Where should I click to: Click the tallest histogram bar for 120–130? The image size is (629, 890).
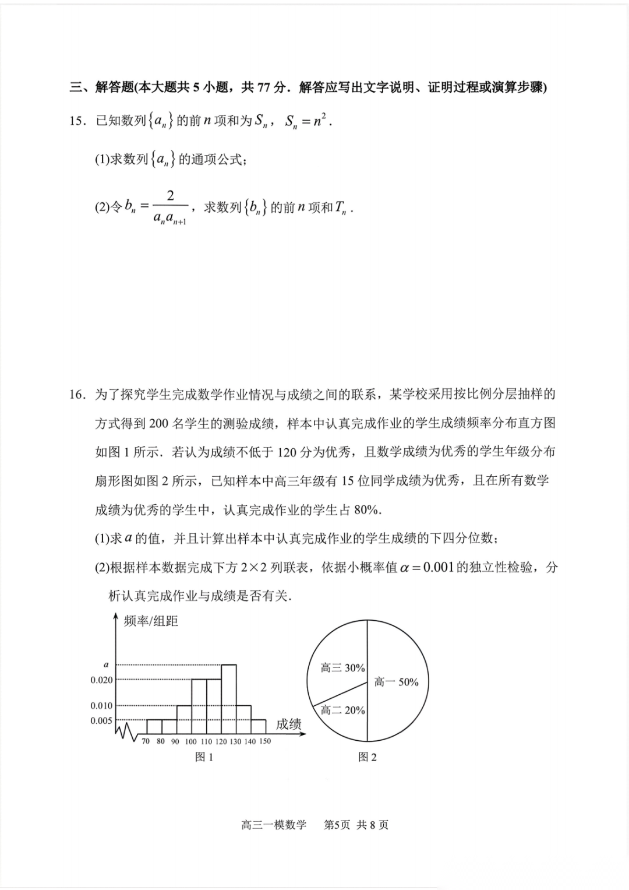(229, 699)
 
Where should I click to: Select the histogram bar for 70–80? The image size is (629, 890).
(154, 727)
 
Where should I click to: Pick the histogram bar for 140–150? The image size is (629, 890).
(259, 727)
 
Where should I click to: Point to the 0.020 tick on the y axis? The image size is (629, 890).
(101, 680)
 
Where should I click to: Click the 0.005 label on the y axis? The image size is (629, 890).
(101, 720)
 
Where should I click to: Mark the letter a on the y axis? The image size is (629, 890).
(106, 664)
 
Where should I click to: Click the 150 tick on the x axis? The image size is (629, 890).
(265, 741)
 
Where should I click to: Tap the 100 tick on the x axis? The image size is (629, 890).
(191, 741)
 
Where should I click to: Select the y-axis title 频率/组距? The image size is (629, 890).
(151, 621)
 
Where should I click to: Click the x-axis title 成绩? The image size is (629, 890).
(288, 724)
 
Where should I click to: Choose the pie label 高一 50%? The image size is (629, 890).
(396, 682)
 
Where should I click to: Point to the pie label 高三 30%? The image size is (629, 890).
(342, 668)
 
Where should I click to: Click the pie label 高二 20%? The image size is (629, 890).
(342, 710)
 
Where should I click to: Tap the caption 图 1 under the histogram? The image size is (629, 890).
(204, 757)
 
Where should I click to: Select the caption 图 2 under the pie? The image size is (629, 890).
(367, 757)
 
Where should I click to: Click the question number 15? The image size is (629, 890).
(77, 121)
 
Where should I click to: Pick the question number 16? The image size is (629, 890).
(77, 395)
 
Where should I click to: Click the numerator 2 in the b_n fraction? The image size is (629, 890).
(170, 196)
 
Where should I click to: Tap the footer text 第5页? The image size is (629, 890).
(337, 825)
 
